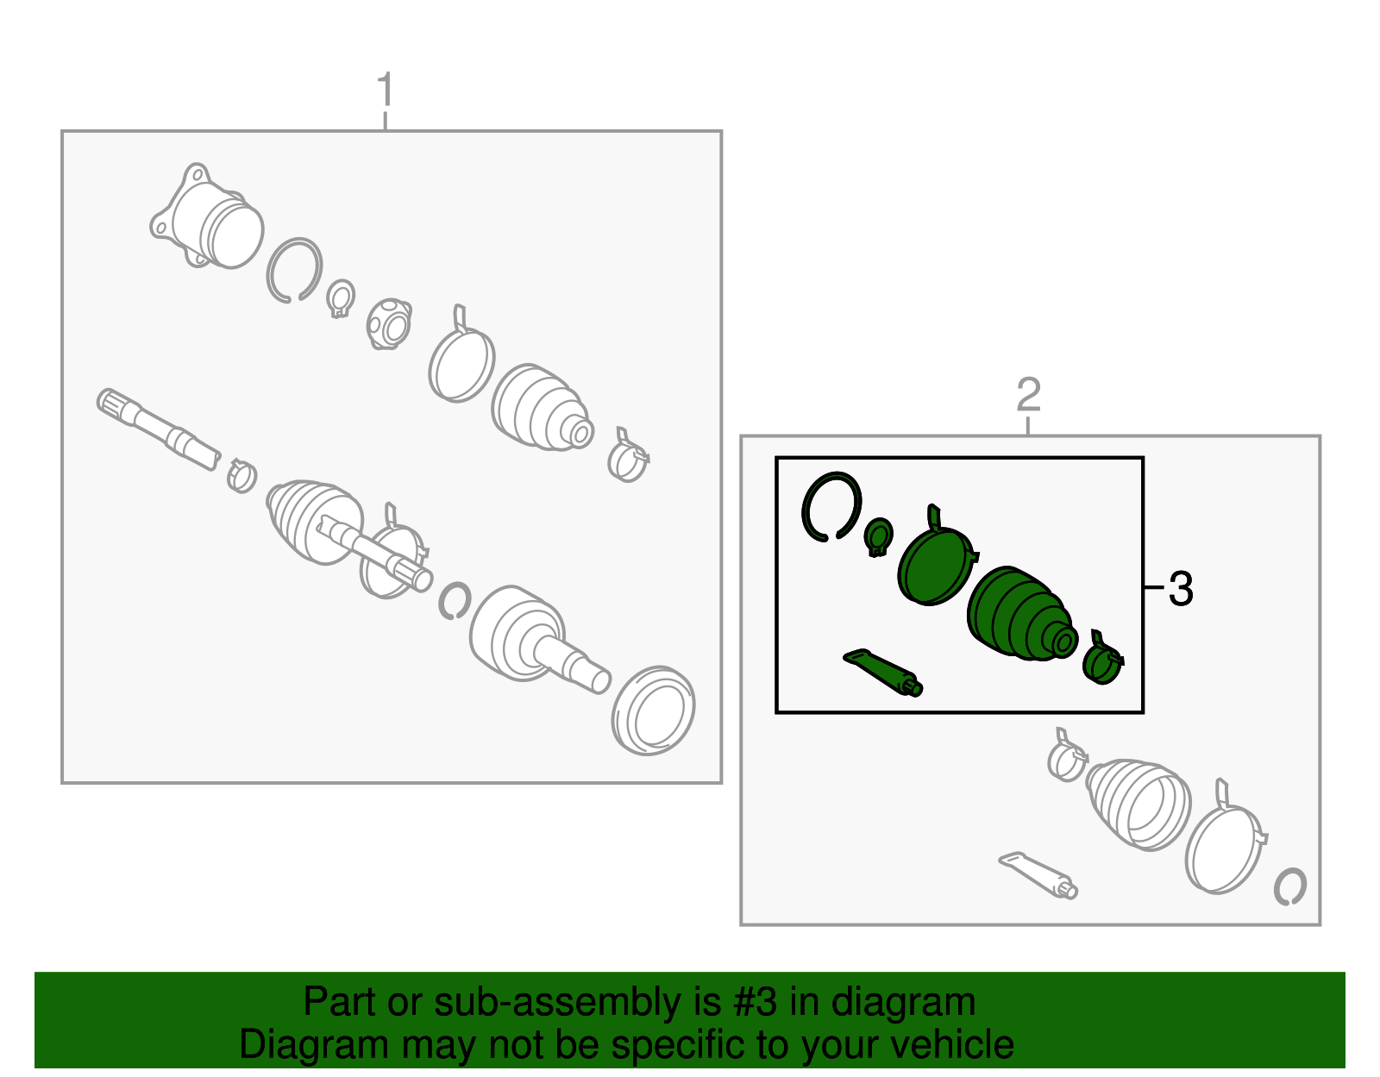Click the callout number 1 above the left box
pyautogui.click(x=386, y=90)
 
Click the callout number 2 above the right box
pyautogui.click(x=1029, y=395)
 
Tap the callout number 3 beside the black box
pyautogui.click(x=1181, y=589)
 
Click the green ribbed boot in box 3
pyautogui.click(x=1020, y=614)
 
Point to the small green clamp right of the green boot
pyautogui.click(x=1103, y=660)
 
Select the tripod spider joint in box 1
pyautogui.click(x=389, y=324)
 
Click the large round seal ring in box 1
pyautogui.click(x=653, y=710)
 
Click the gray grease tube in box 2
pyautogui.click(x=1038, y=876)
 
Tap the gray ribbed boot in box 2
pyautogui.click(x=1138, y=804)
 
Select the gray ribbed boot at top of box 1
pyautogui.click(x=543, y=407)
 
